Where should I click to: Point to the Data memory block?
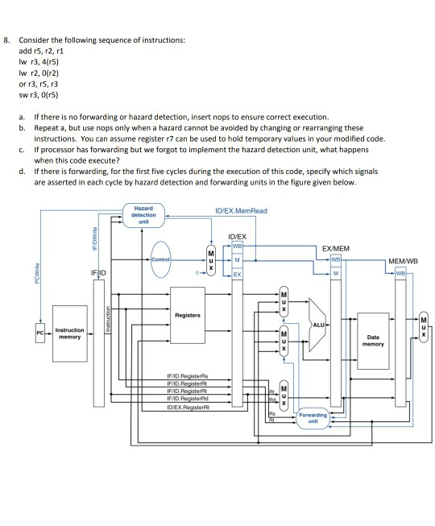(372, 341)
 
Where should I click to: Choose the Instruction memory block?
(68, 330)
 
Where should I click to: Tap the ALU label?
(319, 324)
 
